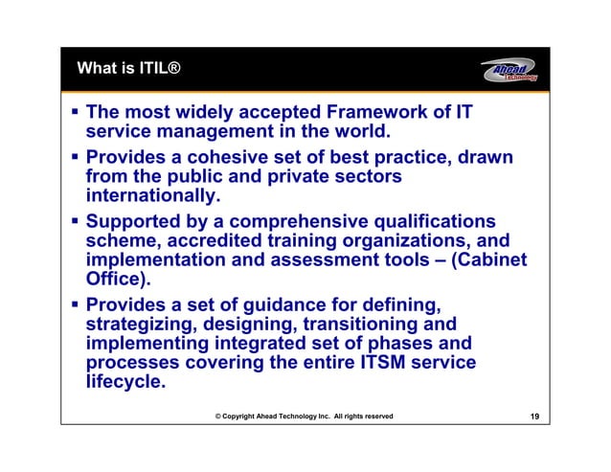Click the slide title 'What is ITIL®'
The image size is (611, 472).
click(x=127, y=69)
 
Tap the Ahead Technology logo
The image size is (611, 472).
click(x=509, y=71)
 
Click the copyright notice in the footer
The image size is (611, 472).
click(x=304, y=416)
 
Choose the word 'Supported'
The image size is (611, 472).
click(x=138, y=221)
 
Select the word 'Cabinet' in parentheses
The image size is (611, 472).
click(x=488, y=262)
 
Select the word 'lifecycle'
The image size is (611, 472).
click(x=124, y=387)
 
